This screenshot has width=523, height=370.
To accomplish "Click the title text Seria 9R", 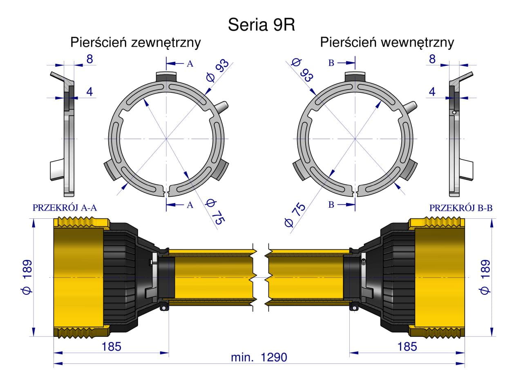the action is coord(261,25).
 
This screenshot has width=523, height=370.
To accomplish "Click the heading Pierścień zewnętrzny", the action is coord(135,43).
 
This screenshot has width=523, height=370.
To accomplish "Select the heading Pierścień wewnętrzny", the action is coord(387,43).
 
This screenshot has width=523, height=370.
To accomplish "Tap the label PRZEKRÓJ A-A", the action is coord(65,208).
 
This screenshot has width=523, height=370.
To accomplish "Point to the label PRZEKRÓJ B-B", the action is coord(461,208).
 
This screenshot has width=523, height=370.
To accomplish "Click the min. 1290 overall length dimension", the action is coord(259,357).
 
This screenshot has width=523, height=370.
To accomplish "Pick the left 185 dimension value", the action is coord(112,347).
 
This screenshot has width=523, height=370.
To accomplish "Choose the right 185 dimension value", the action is coord(407,347).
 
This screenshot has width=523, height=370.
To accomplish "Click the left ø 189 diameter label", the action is coord(27,277).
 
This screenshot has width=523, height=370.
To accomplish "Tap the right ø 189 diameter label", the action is coord(485,277).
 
